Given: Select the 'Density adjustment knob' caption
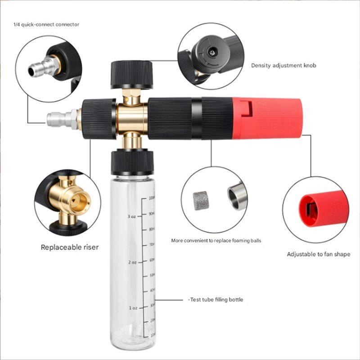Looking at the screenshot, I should [283, 66].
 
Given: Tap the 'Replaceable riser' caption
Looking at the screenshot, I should [69, 247].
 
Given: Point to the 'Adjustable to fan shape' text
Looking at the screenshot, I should [318, 254].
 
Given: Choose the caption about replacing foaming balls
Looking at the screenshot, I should [216, 241].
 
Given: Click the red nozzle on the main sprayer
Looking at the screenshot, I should [268, 117].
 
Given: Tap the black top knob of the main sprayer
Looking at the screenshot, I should [131, 74].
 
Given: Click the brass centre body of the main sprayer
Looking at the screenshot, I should [132, 118].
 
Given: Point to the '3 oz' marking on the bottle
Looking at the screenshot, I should [131, 216].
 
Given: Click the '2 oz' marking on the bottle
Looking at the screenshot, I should [132, 262].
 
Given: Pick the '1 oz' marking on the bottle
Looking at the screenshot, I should [133, 308].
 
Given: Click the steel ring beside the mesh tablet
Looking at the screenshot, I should [237, 197].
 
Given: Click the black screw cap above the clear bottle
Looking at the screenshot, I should [132, 162].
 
